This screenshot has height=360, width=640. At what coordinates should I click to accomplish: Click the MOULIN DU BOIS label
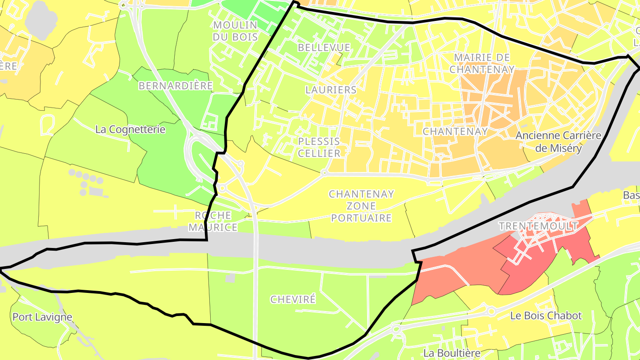pyautogui.click(x=235, y=31)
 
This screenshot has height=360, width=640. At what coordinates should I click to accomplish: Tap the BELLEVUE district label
pyautogui.click(x=324, y=48)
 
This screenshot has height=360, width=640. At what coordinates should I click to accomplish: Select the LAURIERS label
pyautogui.click(x=331, y=89)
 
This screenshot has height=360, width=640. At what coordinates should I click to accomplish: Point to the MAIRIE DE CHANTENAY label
pyautogui.click(x=482, y=63)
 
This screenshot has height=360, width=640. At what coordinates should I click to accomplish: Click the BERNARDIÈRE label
pyautogui.click(x=176, y=86)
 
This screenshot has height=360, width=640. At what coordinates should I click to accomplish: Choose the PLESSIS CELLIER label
pyautogui.click(x=319, y=147)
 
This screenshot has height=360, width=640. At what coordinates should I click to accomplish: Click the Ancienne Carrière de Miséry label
pyautogui.click(x=558, y=142)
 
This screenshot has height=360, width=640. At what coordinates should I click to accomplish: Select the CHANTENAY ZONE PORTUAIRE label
pyautogui.click(x=361, y=206)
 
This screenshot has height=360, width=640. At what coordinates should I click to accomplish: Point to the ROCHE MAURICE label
pyautogui.click(x=213, y=221)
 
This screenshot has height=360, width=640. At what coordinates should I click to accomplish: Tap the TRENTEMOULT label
pyautogui.click(x=538, y=226)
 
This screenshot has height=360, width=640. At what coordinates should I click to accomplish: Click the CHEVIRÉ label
pyautogui.click(x=293, y=299)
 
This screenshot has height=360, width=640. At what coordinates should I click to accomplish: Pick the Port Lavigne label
pyautogui.click(x=42, y=317)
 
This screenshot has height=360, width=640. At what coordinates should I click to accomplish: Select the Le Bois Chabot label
pyautogui.click(x=546, y=316)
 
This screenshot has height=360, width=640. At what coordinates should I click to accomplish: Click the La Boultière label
pyautogui.click(x=452, y=353)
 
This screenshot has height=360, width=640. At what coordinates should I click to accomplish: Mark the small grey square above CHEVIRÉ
pyautogui.click(x=230, y=278)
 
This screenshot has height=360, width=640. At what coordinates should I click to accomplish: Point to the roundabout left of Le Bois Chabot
pyautogui.click(x=491, y=311)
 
